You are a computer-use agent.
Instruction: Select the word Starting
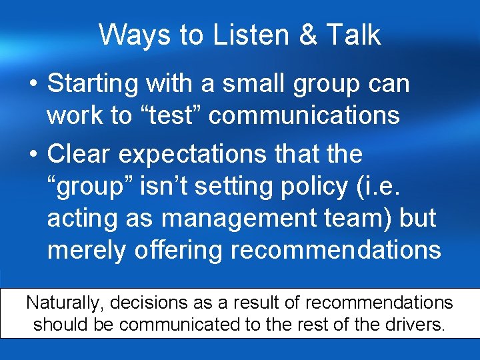point(93,85)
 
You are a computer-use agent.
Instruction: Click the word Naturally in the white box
point(64,303)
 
